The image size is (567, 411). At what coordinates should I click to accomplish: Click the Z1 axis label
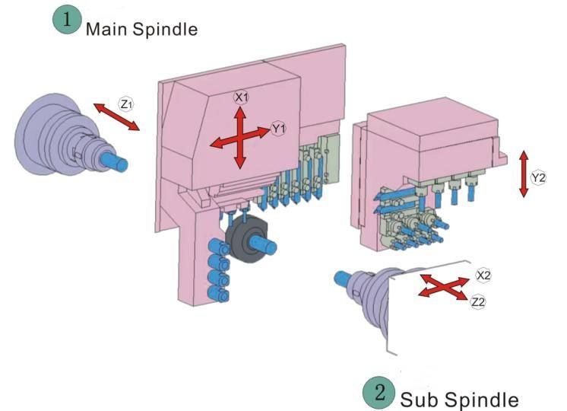coord(126,104)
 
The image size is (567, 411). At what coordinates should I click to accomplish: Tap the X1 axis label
coord(241,97)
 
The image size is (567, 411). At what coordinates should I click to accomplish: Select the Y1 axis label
coord(278,128)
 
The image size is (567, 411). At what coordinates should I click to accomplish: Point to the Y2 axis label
coord(538,178)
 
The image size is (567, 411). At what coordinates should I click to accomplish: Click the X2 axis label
coord(483,276)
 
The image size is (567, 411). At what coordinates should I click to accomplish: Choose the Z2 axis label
coord(478,301)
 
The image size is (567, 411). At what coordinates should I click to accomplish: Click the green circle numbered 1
coord(67,20)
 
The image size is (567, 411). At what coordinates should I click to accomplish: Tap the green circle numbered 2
coord(379,393)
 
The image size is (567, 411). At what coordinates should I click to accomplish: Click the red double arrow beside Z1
coord(116,116)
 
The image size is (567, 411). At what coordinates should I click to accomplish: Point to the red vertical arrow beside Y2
coord(523,174)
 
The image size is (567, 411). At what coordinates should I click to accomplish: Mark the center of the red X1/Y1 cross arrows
coord(239,139)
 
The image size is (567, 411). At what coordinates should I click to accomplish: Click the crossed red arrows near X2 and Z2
coord(443,286)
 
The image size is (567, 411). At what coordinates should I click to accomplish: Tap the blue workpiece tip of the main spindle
coord(115,162)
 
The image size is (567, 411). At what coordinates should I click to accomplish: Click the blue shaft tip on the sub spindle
coord(342,278)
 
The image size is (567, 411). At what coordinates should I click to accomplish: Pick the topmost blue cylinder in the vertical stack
coord(218,247)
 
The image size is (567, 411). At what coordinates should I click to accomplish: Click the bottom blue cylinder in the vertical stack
coord(219,293)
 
